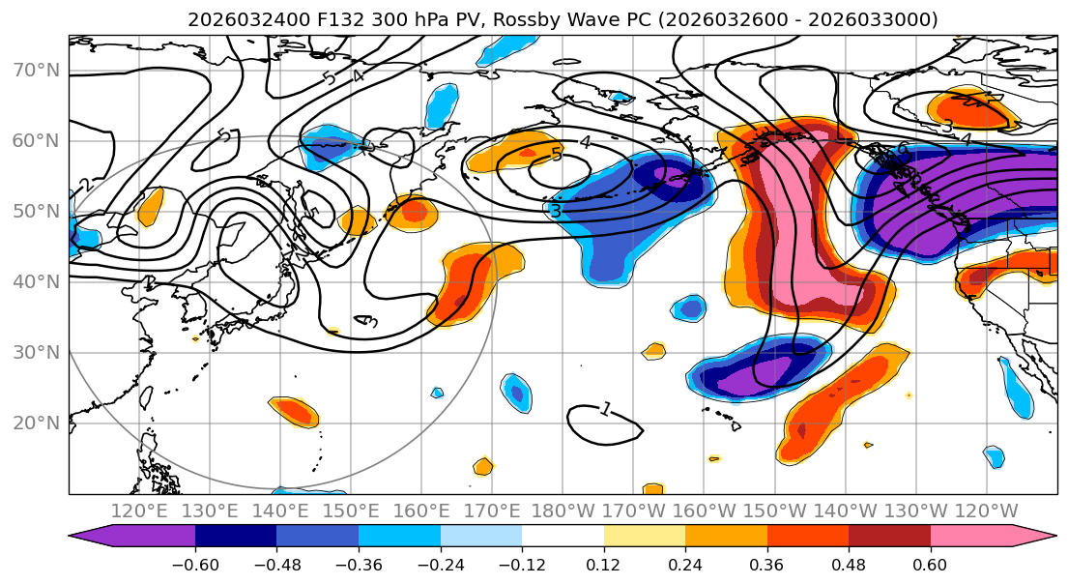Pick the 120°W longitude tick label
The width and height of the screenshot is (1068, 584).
(x=986, y=511)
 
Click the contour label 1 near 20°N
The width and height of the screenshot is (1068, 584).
(x=605, y=410)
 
